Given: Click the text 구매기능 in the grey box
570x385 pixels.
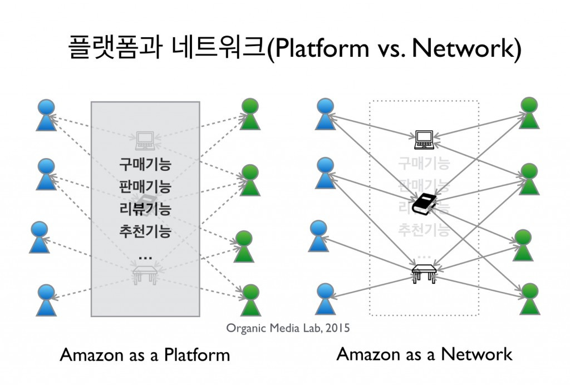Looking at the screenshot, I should click(x=145, y=165).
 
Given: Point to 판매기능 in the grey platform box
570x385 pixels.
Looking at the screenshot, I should click(x=145, y=187).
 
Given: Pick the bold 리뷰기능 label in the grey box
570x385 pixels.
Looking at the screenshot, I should click(x=145, y=209).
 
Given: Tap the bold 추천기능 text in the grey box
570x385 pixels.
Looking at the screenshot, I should click(x=145, y=230).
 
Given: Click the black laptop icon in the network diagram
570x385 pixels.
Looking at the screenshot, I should click(x=424, y=140).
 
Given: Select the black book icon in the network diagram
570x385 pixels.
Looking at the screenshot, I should click(x=424, y=204).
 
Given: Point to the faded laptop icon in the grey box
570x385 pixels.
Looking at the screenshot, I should click(x=145, y=140).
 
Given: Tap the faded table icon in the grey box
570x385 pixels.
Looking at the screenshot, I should click(x=145, y=273).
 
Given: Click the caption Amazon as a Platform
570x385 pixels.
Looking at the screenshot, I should click(x=145, y=355).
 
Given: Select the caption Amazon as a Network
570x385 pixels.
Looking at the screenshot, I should click(x=424, y=354).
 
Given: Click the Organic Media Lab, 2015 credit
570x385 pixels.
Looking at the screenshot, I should click(x=288, y=328).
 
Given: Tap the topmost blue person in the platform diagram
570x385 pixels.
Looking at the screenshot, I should click(x=46, y=115).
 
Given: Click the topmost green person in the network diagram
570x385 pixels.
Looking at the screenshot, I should click(x=529, y=112).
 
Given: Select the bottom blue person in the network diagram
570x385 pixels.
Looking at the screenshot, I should click(x=325, y=299).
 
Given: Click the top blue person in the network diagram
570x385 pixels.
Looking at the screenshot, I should click(x=325, y=114).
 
